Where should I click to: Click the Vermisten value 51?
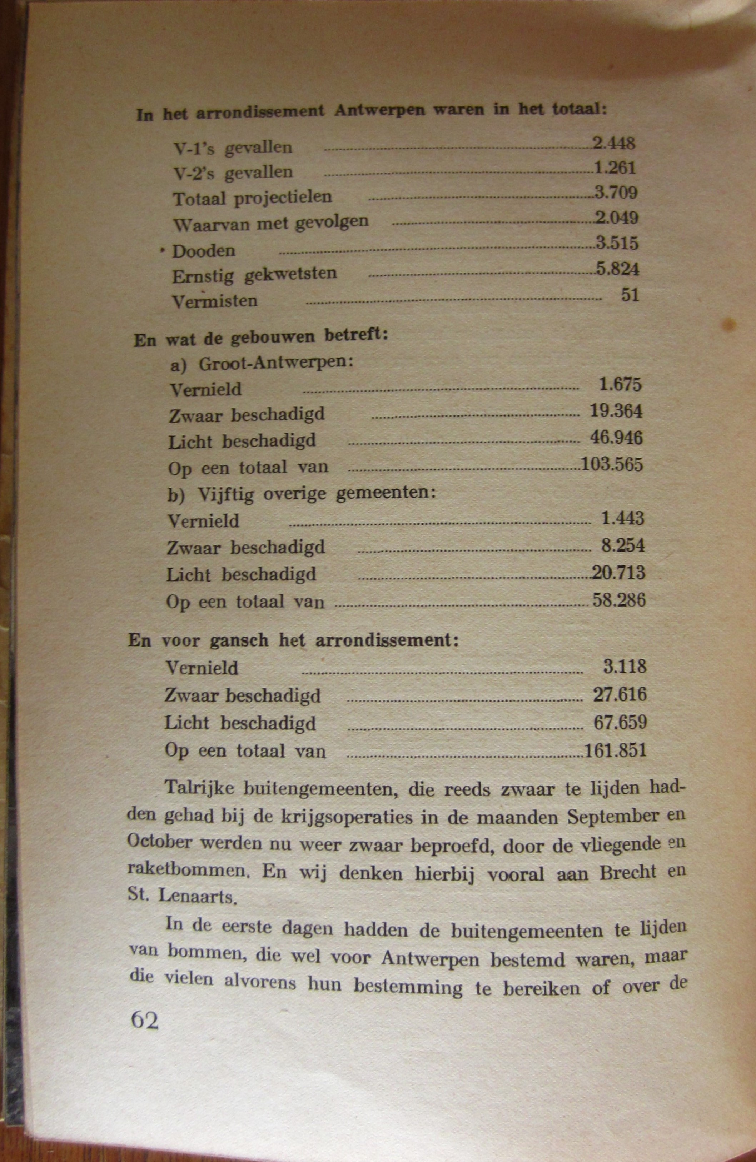pyautogui.click(x=630, y=295)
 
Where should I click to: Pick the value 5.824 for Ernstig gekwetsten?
pyautogui.click(x=617, y=269)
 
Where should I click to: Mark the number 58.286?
pyautogui.click(x=619, y=599)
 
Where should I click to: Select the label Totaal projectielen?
pyautogui.click(x=253, y=198)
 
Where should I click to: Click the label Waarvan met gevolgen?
pyautogui.click(x=270, y=224)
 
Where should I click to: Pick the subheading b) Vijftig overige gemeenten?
pyautogui.click(x=301, y=494)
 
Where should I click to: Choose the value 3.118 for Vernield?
pyautogui.click(x=624, y=667)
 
